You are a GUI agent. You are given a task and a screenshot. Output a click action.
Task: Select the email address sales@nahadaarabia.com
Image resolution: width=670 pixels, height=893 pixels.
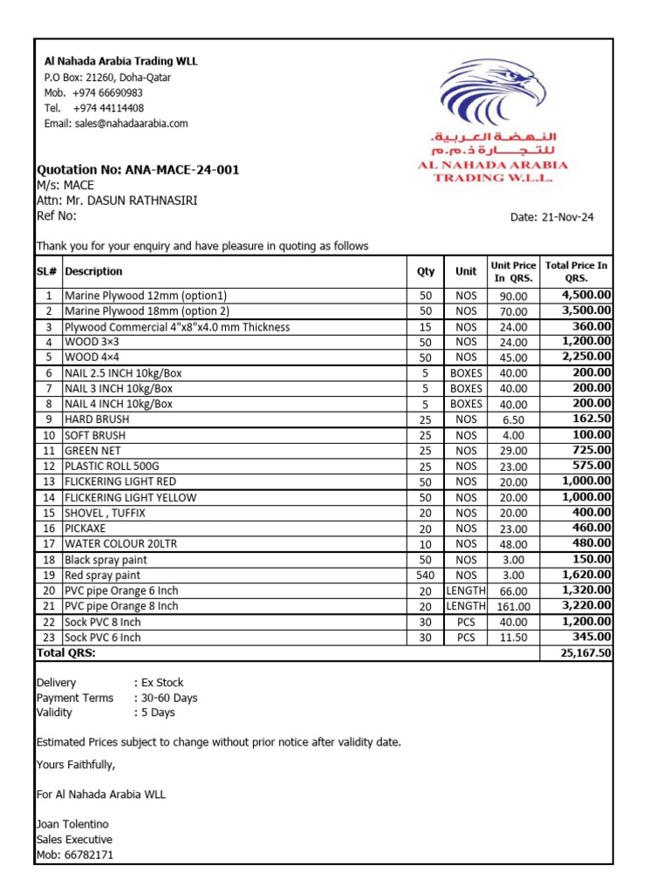point(116,124)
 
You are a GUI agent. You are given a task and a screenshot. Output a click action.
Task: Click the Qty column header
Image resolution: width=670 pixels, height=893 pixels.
point(426,271)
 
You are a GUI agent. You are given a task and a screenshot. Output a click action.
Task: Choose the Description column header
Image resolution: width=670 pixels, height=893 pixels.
point(93,271)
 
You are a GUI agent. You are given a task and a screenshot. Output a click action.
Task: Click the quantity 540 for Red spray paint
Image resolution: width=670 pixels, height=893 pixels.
point(426,576)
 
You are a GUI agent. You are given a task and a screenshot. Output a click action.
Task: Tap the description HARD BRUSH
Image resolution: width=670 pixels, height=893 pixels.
point(97,419)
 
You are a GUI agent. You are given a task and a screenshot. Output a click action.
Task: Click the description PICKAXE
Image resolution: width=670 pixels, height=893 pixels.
point(85,528)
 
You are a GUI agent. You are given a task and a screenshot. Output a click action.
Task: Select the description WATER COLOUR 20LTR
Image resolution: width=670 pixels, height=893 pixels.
point(120,544)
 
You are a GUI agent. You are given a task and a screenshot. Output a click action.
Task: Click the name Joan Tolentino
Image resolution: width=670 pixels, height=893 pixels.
point(72,824)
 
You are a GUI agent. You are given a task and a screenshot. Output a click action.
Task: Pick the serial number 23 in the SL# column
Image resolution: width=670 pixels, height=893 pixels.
point(49,637)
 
